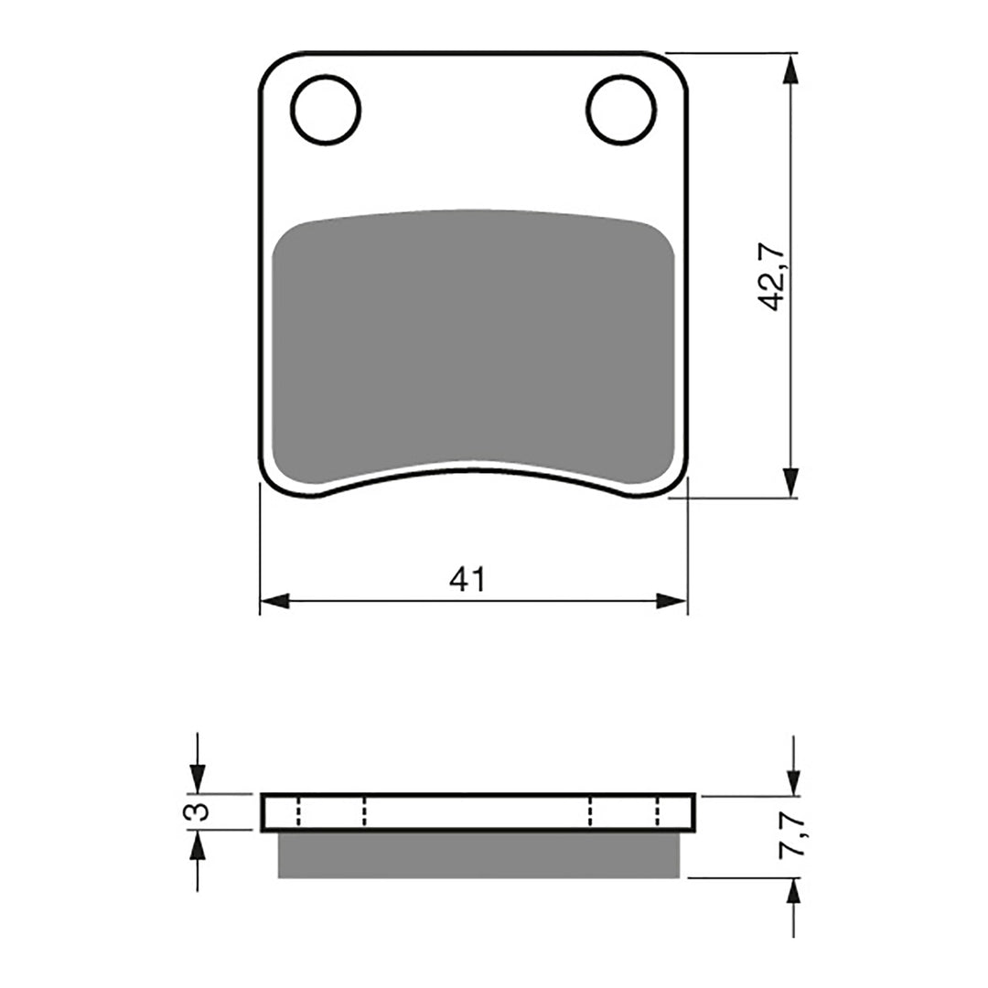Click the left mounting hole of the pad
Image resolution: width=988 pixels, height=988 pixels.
pyautogui.click(x=326, y=111)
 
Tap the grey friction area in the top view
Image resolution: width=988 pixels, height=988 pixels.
pyautogui.click(x=474, y=343)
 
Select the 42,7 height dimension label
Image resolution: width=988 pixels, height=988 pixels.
pyautogui.click(x=772, y=276)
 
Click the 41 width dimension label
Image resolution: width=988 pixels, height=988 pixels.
pyautogui.click(x=467, y=579)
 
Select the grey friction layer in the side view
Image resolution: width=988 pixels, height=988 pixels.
pyautogui.click(x=478, y=854)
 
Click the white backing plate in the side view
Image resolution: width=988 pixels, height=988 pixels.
pyautogui.click(x=478, y=812)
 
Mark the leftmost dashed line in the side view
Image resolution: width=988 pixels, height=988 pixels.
pyautogui.click(x=298, y=812)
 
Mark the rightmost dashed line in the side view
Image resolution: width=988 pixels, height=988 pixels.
pyautogui.click(x=658, y=812)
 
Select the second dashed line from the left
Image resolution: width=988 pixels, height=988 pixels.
pyautogui.click(x=364, y=812)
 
